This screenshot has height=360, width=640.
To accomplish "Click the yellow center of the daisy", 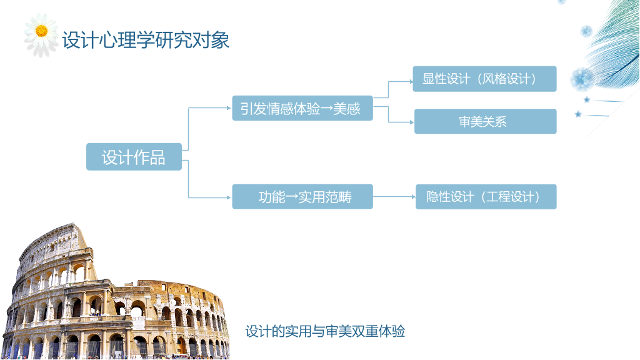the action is point(41,31).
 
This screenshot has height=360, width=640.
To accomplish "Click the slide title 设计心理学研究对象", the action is point(146,40).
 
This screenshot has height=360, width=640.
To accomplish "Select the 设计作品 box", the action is point(134,157).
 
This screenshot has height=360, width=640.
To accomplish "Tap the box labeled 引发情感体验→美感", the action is point(302,108).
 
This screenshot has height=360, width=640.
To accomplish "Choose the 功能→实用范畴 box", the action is point(302,197).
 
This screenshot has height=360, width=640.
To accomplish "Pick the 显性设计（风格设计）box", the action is point(484,79).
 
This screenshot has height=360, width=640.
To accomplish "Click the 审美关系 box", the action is point(485,121).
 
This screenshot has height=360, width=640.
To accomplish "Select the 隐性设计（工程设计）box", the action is point(486,197).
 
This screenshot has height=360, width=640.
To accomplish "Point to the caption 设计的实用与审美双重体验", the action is point(325,331).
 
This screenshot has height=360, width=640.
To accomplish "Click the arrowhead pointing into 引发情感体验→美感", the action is point(229,108).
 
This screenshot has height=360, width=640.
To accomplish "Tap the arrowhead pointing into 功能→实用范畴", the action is point(229,197).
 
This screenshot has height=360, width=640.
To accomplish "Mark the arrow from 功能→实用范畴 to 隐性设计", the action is point(394,197).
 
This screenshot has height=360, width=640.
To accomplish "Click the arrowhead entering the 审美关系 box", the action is point(412,122).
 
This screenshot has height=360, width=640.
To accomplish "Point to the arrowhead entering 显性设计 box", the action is point(411,82).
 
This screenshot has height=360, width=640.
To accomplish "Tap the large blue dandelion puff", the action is point(582,79).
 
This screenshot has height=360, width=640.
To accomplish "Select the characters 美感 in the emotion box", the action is point(347,109).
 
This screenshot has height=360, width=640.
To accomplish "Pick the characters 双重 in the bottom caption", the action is point(365,331).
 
